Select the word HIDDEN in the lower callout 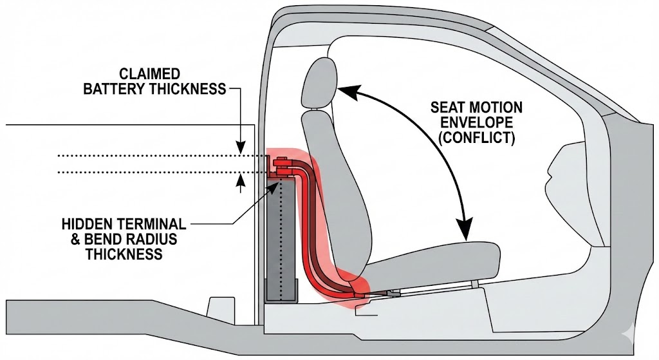click(86, 224)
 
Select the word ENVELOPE click(472, 122)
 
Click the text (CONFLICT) click(472, 138)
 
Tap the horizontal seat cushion click(438, 261)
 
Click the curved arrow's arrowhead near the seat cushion click(465, 228)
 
